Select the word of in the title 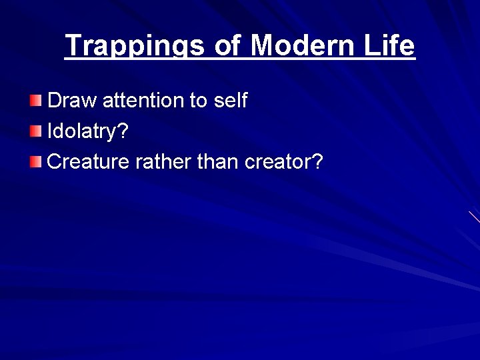(229, 45)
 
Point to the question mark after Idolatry (122, 131)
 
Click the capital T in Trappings (73, 45)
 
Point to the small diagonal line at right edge (474, 217)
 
